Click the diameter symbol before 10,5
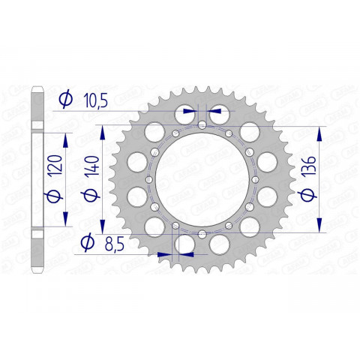(x=66, y=98)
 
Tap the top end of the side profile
(x=37, y=91)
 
